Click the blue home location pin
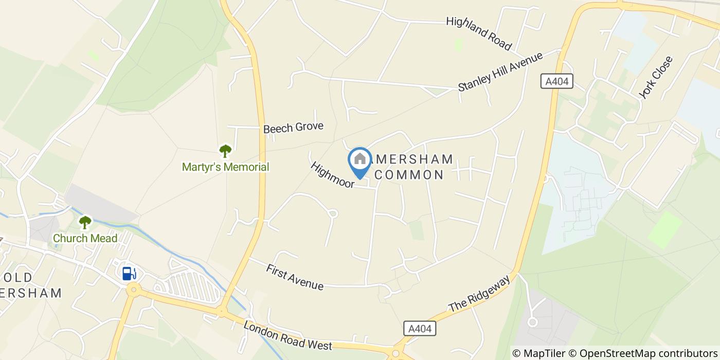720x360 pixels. (x=360, y=161)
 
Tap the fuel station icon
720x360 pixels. (x=129, y=273)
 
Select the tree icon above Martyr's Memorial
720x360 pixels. (x=225, y=151)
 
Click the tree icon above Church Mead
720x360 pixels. (x=85, y=222)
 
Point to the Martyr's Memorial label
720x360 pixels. (x=225, y=167)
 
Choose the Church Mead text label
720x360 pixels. (x=85, y=239)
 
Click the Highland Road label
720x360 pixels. (x=479, y=34)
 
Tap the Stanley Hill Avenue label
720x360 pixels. (x=500, y=71)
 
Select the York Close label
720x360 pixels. (x=656, y=77)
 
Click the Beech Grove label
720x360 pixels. (x=293, y=127)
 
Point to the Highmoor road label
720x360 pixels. (x=332, y=175)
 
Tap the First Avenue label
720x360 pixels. (x=295, y=277)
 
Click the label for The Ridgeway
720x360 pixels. (x=479, y=293)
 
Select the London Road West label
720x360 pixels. (x=287, y=337)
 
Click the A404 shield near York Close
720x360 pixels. (x=557, y=81)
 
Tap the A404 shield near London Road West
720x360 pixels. (x=420, y=329)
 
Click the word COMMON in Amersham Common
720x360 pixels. (x=409, y=175)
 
